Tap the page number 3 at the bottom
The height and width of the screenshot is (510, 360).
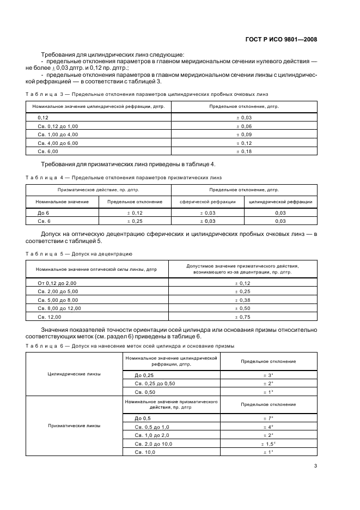click(315, 465)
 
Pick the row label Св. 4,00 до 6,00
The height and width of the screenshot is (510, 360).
click(58, 143)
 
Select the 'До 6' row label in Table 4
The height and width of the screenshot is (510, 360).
click(44, 213)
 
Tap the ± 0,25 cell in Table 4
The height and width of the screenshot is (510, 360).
click(135, 221)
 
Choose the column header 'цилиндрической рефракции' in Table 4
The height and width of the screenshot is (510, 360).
click(280, 202)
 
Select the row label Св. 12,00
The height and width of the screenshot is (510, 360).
click(50, 317)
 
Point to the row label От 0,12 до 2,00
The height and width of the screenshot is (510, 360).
click(57, 283)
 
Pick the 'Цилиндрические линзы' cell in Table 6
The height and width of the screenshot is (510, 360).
click(75, 374)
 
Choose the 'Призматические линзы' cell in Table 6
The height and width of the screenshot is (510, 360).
click(75, 426)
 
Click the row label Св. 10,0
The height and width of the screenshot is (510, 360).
click(145, 452)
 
